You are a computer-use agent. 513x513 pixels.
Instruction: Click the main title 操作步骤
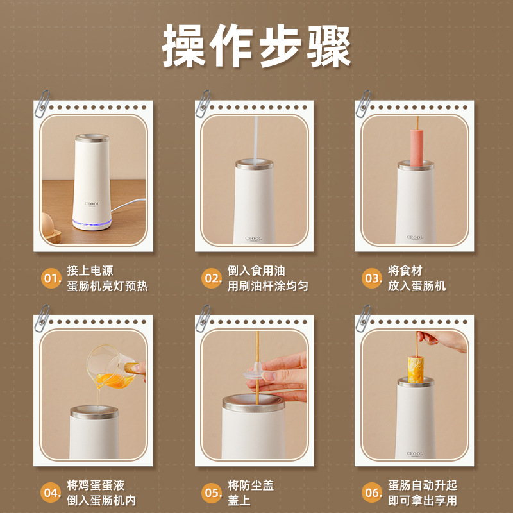click(256, 47)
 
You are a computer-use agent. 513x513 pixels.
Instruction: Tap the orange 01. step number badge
click(51, 278)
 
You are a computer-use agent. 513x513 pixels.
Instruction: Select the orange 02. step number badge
click(211, 278)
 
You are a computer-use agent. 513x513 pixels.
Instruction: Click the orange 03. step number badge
click(373, 278)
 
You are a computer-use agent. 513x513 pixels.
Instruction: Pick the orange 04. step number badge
click(51, 492)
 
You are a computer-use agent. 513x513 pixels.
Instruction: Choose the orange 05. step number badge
click(211, 492)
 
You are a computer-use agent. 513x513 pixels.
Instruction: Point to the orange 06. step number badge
click(373, 492)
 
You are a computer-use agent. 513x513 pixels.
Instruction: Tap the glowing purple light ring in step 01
click(93, 224)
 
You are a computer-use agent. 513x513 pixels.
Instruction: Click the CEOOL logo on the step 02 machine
click(254, 237)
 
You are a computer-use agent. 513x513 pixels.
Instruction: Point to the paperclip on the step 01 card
click(44, 101)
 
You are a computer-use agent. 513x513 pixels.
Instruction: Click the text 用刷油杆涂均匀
click(267, 286)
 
